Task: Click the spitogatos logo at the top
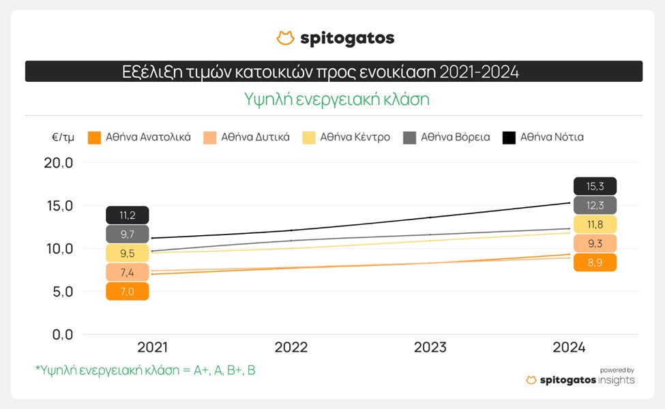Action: [x=335, y=38]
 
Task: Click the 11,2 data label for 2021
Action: [x=127, y=215]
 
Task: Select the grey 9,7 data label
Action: [x=127, y=234]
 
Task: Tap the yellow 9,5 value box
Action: [x=127, y=254]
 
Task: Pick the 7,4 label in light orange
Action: [x=127, y=273]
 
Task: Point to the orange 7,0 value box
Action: [x=127, y=292]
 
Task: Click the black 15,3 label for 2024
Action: [x=595, y=186]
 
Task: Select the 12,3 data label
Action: [x=595, y=205]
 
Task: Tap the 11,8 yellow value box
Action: [x=595, y=224]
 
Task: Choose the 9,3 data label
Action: [x=595, y=243]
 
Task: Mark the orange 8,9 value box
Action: [x=595, y=262]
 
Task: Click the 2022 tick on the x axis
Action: [x=291, y=347]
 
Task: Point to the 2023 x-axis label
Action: [x=430, y=347]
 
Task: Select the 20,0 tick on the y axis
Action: [x=58, y=163]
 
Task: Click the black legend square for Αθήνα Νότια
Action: [x=509, y=138]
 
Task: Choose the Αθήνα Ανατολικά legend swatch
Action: [x=94, y=138]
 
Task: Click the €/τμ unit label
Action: [x=62, y=137]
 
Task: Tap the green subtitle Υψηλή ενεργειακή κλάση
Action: [x=337, y=100]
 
